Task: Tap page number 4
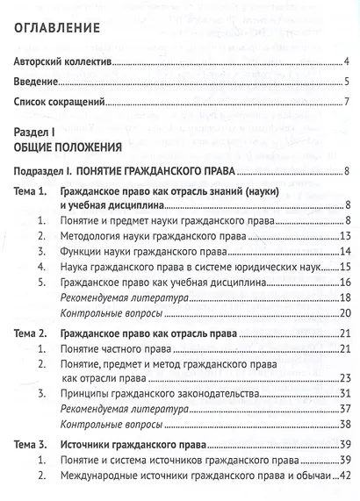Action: tap(348, 63)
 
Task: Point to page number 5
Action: tap(348, 83)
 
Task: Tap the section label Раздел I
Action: tap(34, 129)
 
